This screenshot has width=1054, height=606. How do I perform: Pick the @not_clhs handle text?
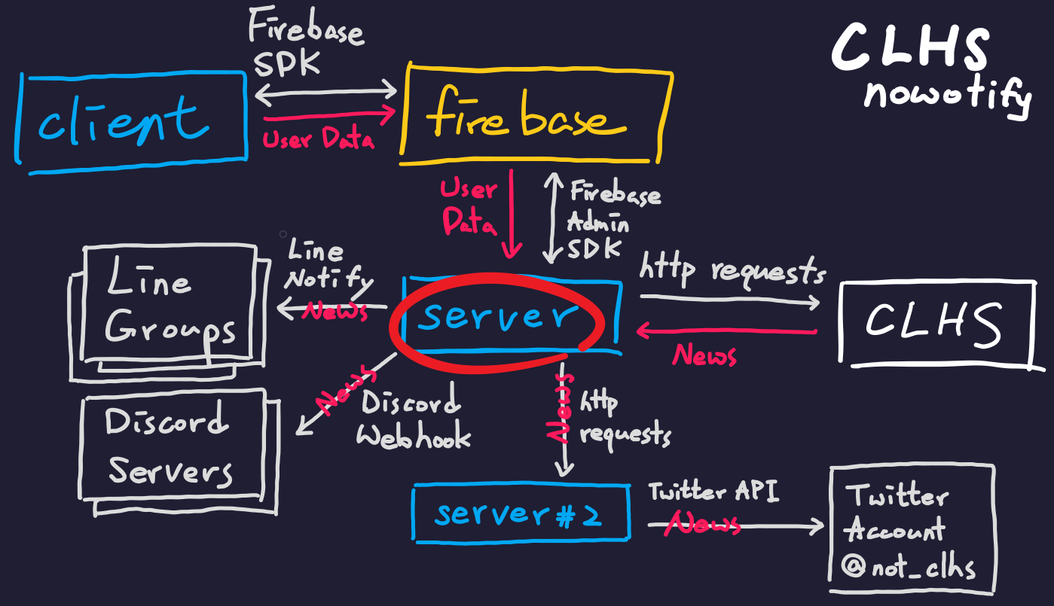(x=908, y=567)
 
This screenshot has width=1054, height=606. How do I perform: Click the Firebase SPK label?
(x=306, y=41)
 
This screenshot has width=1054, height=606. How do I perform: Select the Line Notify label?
(x=328, y=264)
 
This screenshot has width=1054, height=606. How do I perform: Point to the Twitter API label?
(x=713, y=492)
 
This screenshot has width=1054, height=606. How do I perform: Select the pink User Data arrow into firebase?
(x=329, y=114)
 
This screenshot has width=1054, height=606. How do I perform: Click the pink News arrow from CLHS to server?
(x=727, y=330)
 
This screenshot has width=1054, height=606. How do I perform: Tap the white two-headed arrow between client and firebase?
(x=325, y=92)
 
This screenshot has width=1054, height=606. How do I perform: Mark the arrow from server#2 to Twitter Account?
(x=735, y=525)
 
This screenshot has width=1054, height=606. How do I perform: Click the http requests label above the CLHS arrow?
(x=732, y=271)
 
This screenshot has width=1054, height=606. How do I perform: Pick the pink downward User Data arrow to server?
(x=512, y=214)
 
